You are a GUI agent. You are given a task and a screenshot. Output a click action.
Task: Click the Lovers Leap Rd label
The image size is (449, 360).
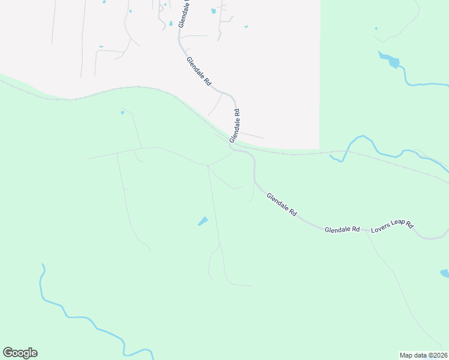tap(393, 227)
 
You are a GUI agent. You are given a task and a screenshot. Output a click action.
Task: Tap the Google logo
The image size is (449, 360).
tap(20, 353)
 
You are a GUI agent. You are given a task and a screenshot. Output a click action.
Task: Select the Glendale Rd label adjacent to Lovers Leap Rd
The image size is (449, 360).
tap(342, 230)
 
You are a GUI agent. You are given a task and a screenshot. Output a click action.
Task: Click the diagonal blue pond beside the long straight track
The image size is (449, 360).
tap(203, 221)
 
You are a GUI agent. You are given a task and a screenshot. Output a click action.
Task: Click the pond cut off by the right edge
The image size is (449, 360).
tap(445, 274)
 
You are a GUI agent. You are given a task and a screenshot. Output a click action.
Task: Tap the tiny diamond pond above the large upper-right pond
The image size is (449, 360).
tap(376, 28)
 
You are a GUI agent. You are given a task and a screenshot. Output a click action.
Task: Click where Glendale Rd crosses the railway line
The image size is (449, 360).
tap(231, 144)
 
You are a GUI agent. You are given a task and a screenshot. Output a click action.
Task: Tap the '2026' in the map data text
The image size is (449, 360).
tap(439, 355)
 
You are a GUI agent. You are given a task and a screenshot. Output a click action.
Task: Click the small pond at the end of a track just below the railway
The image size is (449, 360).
tap(122, 112)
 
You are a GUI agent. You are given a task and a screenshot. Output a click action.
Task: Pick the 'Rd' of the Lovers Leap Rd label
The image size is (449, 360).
tap(410, 225)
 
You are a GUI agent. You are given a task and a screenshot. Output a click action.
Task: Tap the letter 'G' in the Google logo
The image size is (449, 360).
tap(8, 353)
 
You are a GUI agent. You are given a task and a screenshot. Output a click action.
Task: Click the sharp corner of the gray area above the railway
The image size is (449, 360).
tap(319, 148)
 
